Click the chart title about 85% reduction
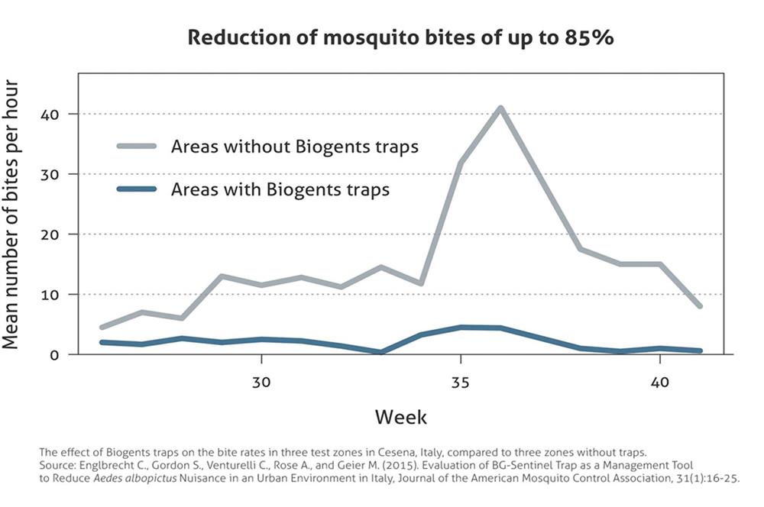click(x=401, y=38)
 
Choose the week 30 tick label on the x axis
click(x=261, y=380)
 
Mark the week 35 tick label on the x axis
click(x=460, y=380)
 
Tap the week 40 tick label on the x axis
click(x=659, y=380)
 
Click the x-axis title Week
click(x=401, y=417)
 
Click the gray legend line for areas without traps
click(x=137, y=146)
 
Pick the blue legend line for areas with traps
click(x=137, y=189)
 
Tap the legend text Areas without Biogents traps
click(x=295, y=146)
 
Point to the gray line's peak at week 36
click(x=500, y=108)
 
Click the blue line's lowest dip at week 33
click(x=380, y=352)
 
